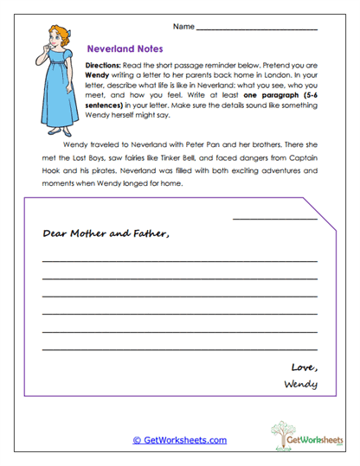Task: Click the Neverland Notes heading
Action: tap(120, 50)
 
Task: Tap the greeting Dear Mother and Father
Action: tap(106, 233)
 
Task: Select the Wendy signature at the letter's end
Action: tap(299, 383)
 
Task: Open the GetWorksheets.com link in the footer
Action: tap(179, 440)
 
